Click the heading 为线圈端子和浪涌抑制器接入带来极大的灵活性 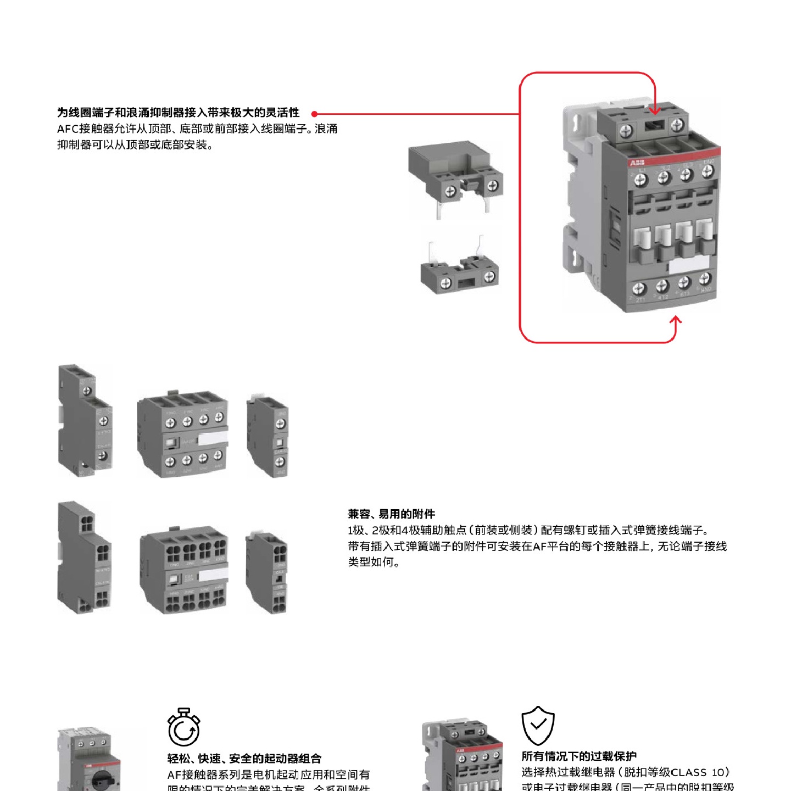(178, 113)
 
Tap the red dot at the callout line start (314, 114)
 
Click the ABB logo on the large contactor (637, 163)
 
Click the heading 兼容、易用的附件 (391, 514)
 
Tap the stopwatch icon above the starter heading (183, 727)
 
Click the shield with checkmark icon (538, 725)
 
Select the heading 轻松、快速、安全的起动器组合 (244, 759)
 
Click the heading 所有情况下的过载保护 (579, 756)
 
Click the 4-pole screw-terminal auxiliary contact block (182, 434)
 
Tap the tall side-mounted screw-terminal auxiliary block (85, 420)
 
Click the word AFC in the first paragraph (68, 129)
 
